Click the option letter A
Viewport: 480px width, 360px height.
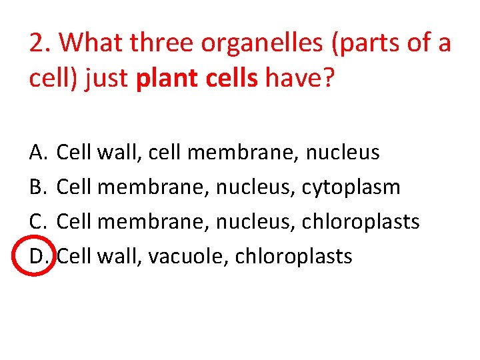(37, 153)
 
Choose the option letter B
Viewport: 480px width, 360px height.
(37, 187)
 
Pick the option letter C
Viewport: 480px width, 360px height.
(37, 222)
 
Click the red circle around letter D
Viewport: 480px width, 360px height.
(37, 256)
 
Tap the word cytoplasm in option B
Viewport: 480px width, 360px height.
(351, 187)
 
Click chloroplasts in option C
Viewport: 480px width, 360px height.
(361, 222)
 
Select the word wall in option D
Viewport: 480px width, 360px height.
(117, 256)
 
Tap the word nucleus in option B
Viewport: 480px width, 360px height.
(256, 187)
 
